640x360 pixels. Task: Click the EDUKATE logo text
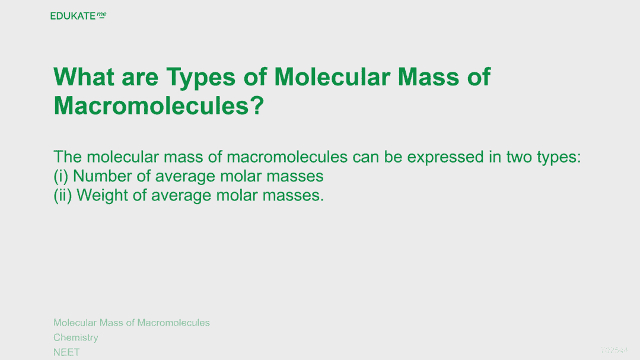(x=72, y=16)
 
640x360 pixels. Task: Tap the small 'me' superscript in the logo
(x=101, y=15)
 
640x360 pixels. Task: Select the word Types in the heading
(x=201, y=78)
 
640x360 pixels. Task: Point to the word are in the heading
(x=140, y=78)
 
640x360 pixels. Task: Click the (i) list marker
(x=61, y=176)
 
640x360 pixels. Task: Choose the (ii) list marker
(x=63, y=196)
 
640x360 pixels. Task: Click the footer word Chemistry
(x=76, y=337)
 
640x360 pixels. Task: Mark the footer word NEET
(x=66, y=352)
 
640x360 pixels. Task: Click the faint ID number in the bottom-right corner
(x=614, y=350)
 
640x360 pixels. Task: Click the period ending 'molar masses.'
(x=322, y=200)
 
